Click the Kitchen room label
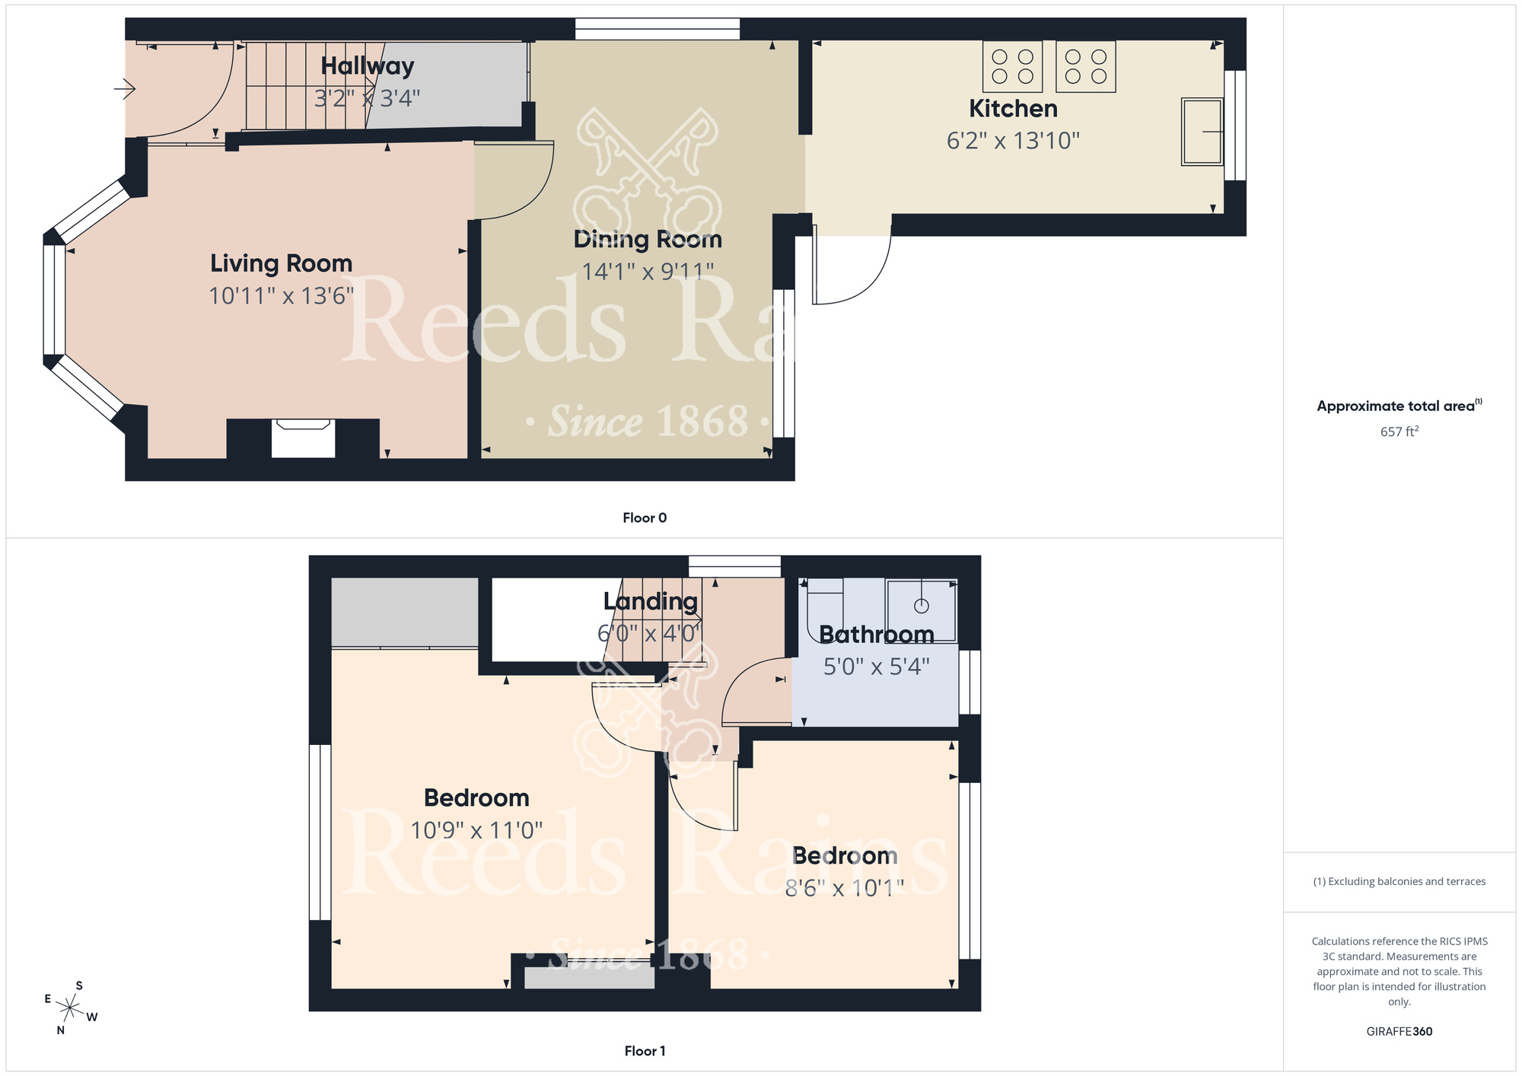pyautogui.click(x=1013, y=109)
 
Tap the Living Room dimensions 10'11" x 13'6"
pyautogui.click(x=282, y=295)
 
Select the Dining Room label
pyautogui.click(x=648, y=239)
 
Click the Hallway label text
pyautogui.click(x=368, y=66)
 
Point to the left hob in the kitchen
pyautogui.click(x=1012, y=66)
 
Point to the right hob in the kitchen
pyautogui.click(x=1085, y=66)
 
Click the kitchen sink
pyautogui.click(x=1202, y=132)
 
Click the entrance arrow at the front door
pyautogui.click(x=125, y=90)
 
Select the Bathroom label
pyautogui.click(x=876, y=634)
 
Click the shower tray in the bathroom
pyautogui.click(x=921, y=610)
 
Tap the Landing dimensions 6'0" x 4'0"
pyautogui.click(x=649, y=633)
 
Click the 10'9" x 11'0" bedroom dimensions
pyautogui.click(x=476, y=829)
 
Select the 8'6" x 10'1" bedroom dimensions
pyautogui.click(x=844, y=887)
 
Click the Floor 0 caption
pyautogui.click(x=645, y=518)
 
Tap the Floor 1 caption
pyautogui.click(x=645, y=1051)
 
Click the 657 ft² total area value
pyautogui.click(x=1399, y=431)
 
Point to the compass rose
pyautogui.click(x=70, y=1009)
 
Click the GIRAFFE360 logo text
pyautogui.click(x=1399, y=1032)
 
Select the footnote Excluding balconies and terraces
pyautogui.click(x=1399, y=881)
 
